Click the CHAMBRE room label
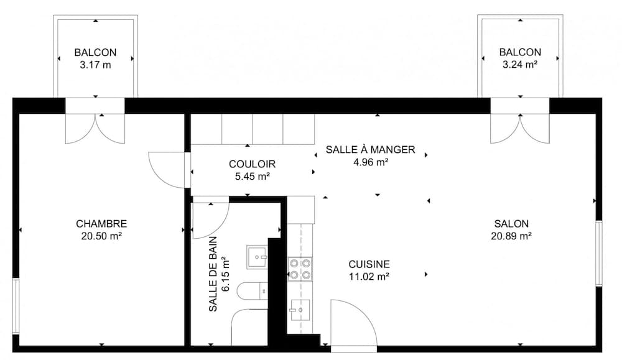coord(101,224)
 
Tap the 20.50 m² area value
coord(101,236)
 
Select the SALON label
coord(511,224)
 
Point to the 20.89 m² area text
coord(511,236)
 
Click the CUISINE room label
coord(369,264)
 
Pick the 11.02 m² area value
coord(369,276)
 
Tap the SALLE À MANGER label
coord(371,150)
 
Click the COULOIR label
coord(252,164)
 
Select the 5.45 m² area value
coord(252,176)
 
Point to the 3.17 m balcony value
coord(95,64)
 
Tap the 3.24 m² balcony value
coord(520,64)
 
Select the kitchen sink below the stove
coord(300,308)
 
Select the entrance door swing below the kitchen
coord(352,323)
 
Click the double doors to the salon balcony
coord(519,129)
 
